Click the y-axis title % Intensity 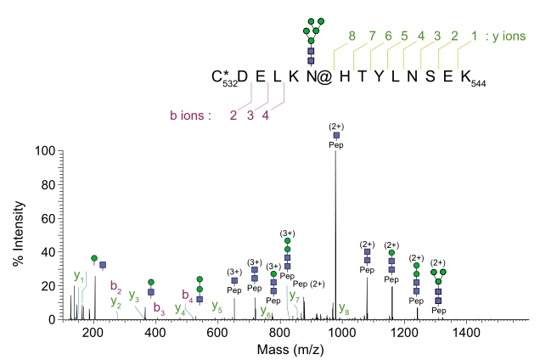[x=16, y=235]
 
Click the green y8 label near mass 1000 [x=344, y=307]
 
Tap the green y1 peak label [x=79, y=275]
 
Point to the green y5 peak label [x=217, y=306]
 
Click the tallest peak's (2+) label [x=336, y=127]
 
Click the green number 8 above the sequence [x=351, y=36]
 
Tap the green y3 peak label [x=134, y=295]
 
